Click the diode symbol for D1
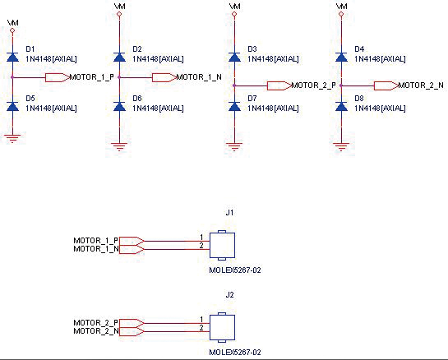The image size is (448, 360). coord(12,58)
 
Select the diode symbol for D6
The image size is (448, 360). coord(119,107)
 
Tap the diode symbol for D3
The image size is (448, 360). coord(234,58)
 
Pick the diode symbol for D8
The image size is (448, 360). coord(341,107)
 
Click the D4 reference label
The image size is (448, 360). coord(359,49)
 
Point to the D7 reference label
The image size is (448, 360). coord(252,99)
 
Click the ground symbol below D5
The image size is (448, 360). coord(12,138)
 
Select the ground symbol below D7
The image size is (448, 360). coord(234,146)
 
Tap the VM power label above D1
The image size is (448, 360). coord(13,22)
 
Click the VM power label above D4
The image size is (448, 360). coord(342,6)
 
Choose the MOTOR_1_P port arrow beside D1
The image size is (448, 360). coord(58,77)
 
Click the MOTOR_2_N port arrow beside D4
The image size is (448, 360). coord(386,85)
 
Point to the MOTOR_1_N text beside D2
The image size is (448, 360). coord(199,77)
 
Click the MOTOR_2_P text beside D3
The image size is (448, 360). coord(313,85)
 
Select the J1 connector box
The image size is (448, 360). coord(222,246)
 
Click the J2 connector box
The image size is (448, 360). coord(222,327)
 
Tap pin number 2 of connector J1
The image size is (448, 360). coord(201,246)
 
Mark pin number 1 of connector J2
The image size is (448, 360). coord(201,320)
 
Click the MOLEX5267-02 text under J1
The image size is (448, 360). coord(235,270)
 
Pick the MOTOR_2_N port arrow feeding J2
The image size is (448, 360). coord(132,331)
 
